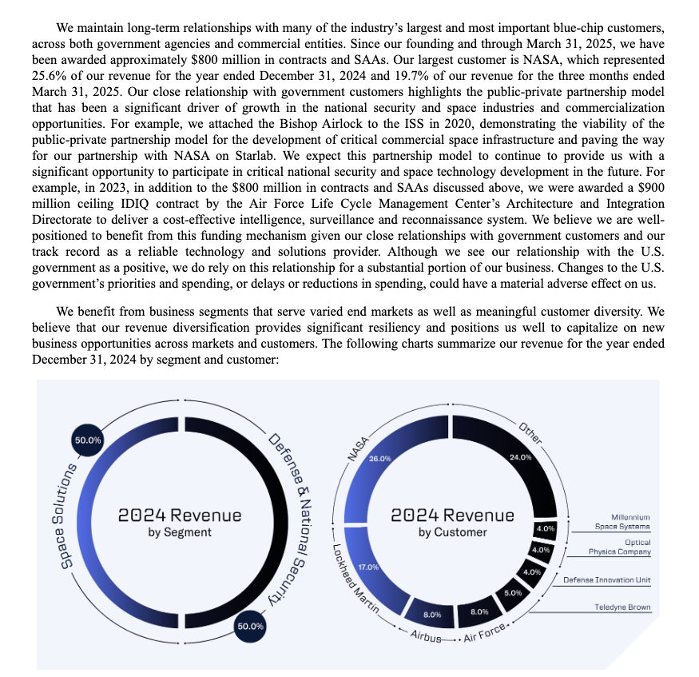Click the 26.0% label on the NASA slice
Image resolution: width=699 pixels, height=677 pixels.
[x=379, y=458]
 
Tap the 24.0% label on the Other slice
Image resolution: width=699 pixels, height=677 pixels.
[x=520, y=457]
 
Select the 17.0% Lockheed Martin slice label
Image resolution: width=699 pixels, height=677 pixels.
[x=368, y=567]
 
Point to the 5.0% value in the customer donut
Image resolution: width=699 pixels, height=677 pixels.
[x=513, y=592]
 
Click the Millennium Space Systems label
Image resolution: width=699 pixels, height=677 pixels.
[x=622, y=522]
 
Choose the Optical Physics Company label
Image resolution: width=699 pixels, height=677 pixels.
[x=619, y=547]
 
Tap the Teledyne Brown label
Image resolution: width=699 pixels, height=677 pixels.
[x=622, y=607]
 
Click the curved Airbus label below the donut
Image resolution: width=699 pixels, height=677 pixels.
[x=426, y=637]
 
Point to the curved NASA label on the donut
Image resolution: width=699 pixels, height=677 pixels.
[x=356, y=449]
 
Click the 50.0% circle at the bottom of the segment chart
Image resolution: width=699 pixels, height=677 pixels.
[x=250, y=626]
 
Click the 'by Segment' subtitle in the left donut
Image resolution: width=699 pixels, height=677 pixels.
[x=180, y=532]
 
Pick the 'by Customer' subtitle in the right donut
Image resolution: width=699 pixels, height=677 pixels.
[x=452, y=532]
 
